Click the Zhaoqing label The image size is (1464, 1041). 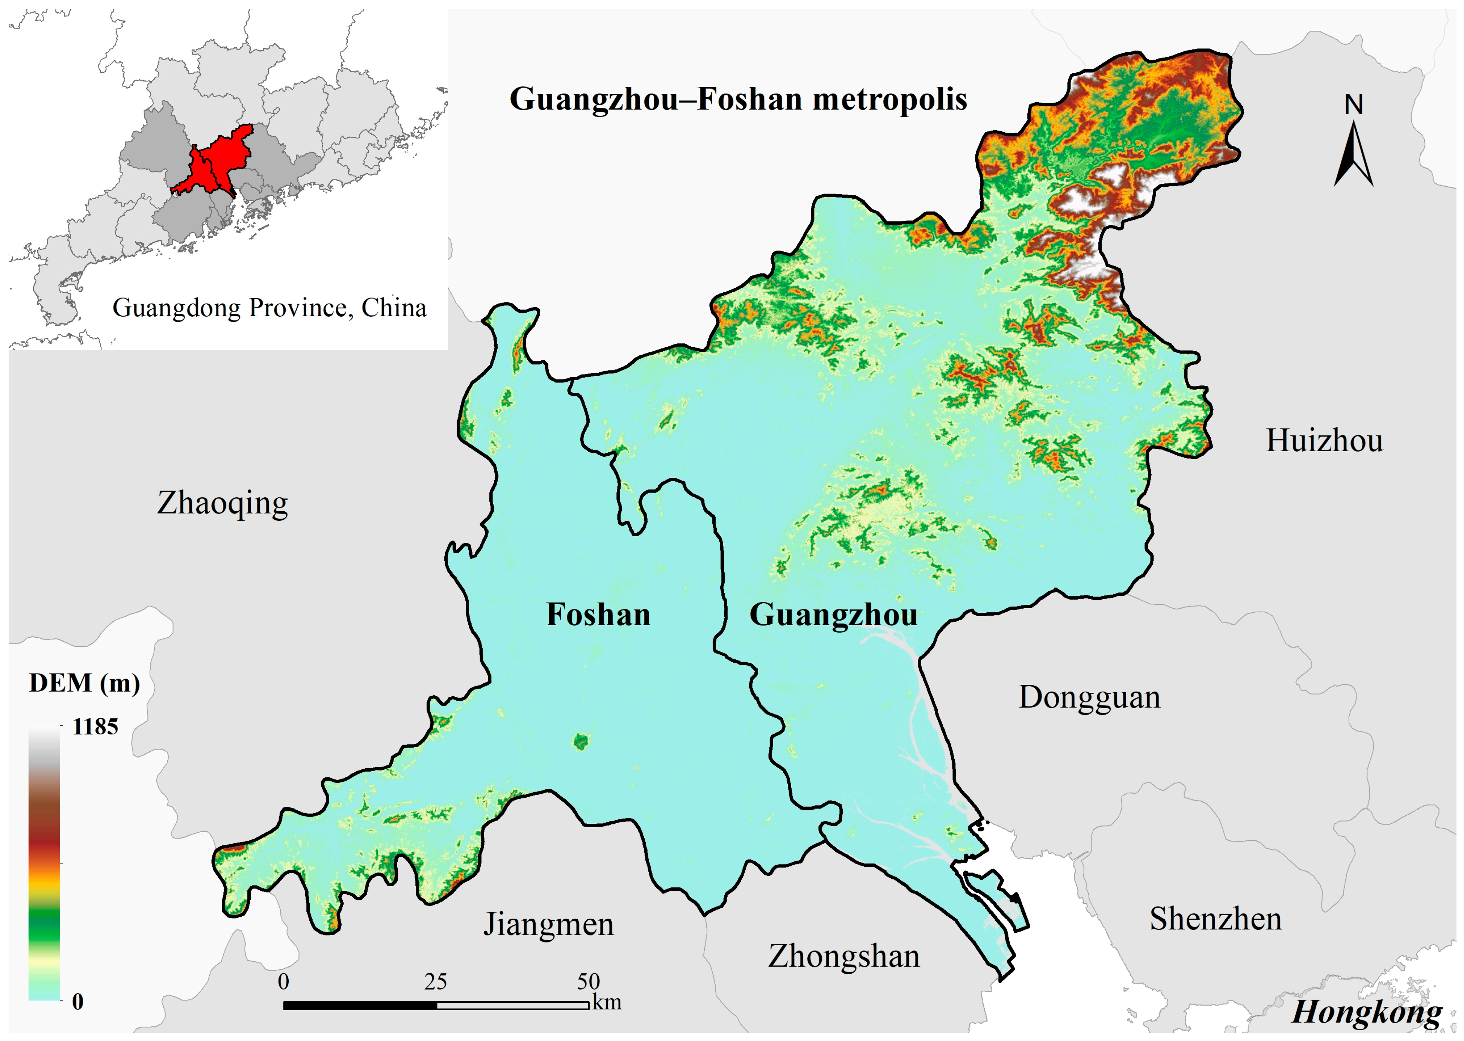[223, 503]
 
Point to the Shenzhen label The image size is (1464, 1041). [1215, 919]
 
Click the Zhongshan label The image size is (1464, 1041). [843, 956]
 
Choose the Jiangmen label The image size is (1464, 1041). [548, 924]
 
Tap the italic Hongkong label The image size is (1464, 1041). [1366, 1013]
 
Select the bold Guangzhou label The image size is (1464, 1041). [833, 615]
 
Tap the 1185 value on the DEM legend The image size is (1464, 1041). [95, 727]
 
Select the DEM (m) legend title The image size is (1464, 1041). [84, 683]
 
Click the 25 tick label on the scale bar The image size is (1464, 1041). [435, 981]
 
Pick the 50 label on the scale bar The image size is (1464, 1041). [587, 981]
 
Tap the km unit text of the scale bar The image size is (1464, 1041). [607, 1002]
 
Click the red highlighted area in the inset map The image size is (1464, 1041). [218, 160]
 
